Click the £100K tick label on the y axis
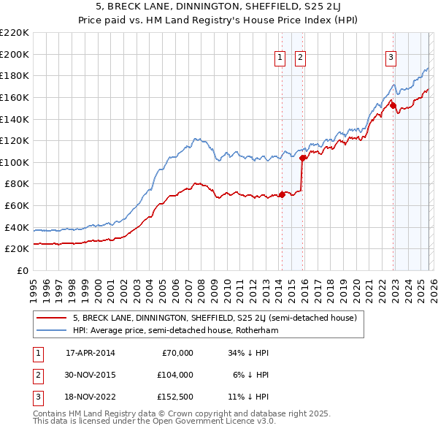click(15, 162)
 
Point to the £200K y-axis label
click(15, 54)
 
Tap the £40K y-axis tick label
click(17, 227)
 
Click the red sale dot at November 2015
click(302, 157)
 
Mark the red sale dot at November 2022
click(393, 105)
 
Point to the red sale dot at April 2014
click(282, 194)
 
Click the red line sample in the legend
click(52, 319)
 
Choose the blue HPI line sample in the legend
click(52, 330)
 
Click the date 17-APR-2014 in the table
click(91, 353)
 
